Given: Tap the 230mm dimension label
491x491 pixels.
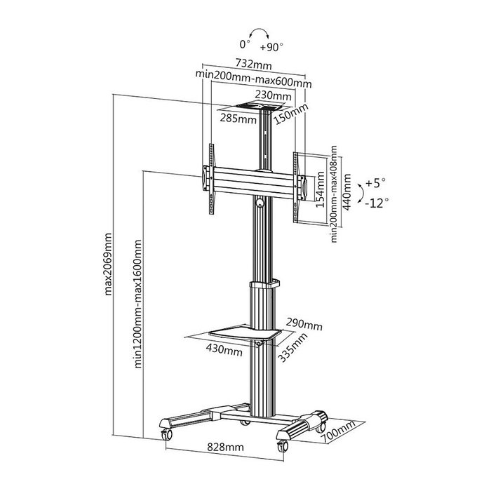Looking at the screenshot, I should (x=273, y=95).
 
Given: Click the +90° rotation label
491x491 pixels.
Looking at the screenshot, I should (x=271, y=48).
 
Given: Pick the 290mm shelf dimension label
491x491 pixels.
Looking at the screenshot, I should (x=304, y=325).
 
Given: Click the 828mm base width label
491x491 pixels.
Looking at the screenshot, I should (x=225, y=446).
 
